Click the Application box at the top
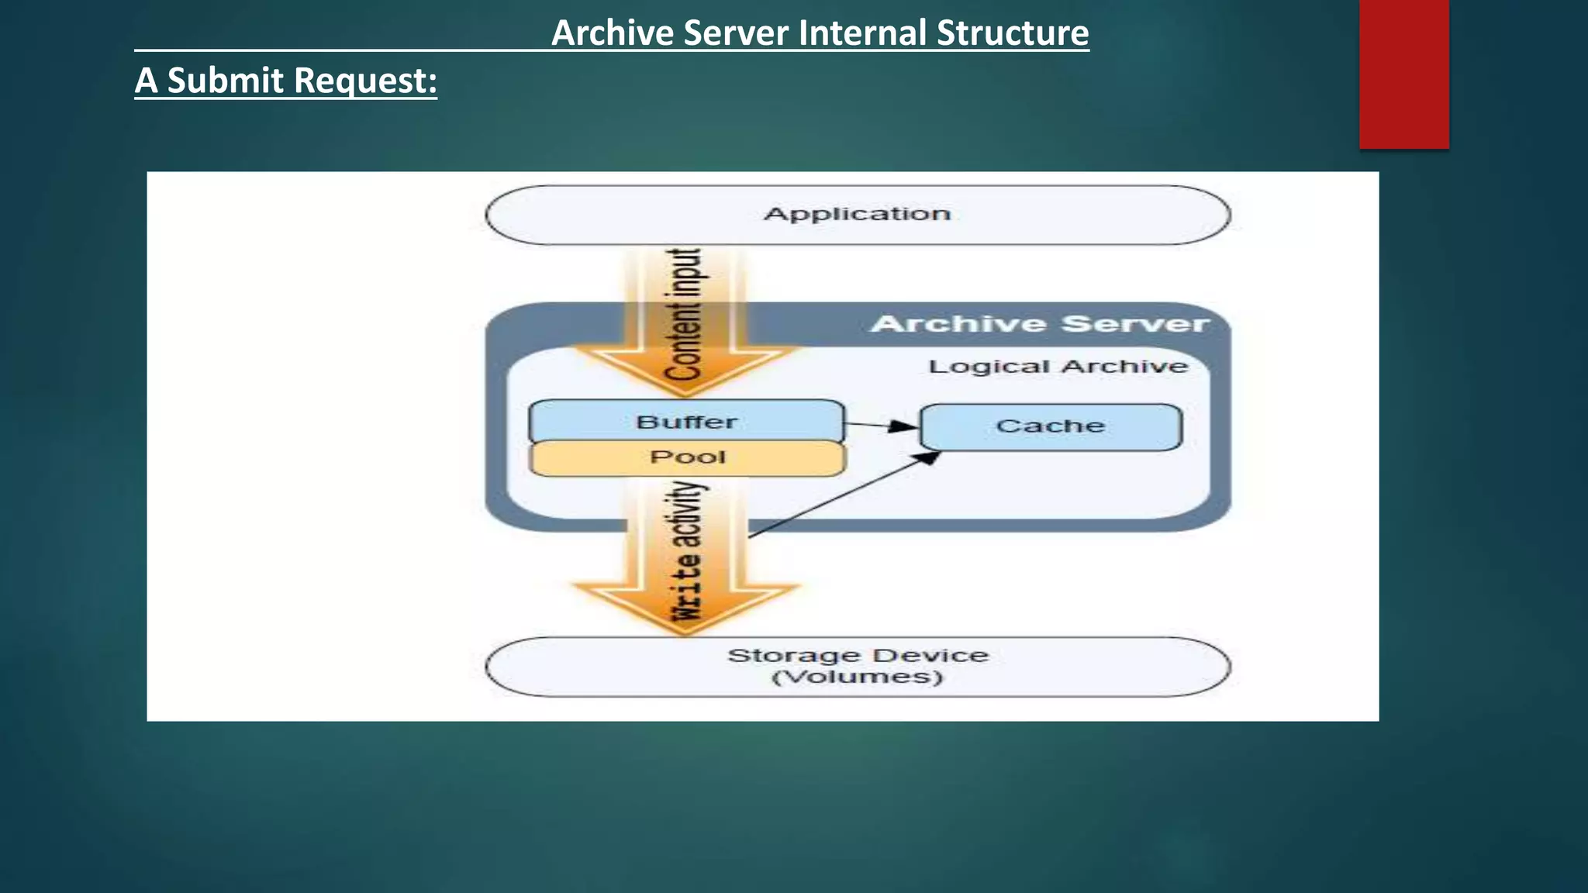(858, 215)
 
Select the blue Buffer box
(686, 421)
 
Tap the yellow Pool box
(688, 457)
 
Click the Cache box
(1051, 426)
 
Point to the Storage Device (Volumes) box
(858, 667)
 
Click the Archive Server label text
(1039, 324)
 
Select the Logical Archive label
(1058, 367)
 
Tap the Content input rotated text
(684, 314)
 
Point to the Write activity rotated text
(687, 550)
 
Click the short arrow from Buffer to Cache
(881, 425)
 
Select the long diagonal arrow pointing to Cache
(845, 494)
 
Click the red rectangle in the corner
(1403, 74)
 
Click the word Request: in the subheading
(365, 81)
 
